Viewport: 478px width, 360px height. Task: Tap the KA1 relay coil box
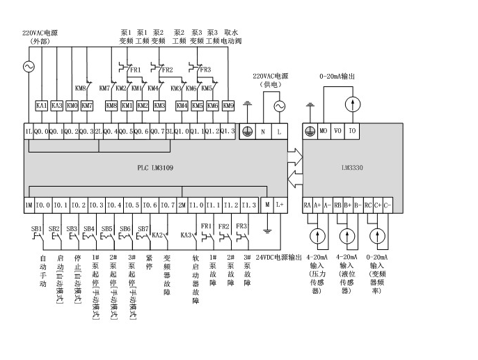(41, 106)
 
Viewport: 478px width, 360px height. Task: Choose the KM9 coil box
(229, 106)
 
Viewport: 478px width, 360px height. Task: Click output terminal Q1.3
(228, 131)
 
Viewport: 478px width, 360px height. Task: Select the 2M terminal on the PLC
(182, 205)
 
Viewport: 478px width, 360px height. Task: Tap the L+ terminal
(280, 205)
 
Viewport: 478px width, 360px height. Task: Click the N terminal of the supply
(263, 131)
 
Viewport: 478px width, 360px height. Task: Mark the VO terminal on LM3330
(338, 131)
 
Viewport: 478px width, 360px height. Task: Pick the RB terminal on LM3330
(338, 205)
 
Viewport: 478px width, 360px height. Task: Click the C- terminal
(388, 205)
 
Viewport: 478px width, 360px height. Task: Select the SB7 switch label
(143, 228)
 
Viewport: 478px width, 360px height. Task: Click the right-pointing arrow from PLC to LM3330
(295, 153)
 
